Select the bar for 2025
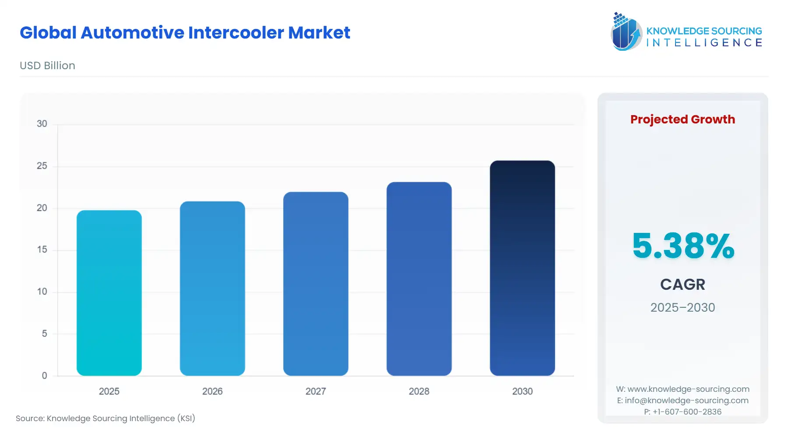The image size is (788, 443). tap(109, 293)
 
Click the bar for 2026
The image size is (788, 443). tap(212, 288)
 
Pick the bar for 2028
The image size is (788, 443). tap(419, 279)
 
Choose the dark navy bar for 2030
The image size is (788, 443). tap(522, 268)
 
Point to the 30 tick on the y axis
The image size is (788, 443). tap(42, 124)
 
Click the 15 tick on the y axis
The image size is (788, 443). tap(42, 250)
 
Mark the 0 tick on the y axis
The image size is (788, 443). tap(44, 376)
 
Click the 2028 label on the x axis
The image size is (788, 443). tap(419, 391)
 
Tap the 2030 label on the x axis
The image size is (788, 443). tap(522, 391)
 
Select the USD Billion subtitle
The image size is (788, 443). tap(47, 66)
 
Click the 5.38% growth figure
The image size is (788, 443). tap(683, 246)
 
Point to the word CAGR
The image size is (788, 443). tap(682, 285)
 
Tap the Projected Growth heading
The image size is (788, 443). tap(682, 120)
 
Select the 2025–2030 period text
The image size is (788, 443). tap(682, 307)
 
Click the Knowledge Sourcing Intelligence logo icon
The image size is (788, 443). tap(626, 32)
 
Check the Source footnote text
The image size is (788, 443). tap(106, 418)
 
